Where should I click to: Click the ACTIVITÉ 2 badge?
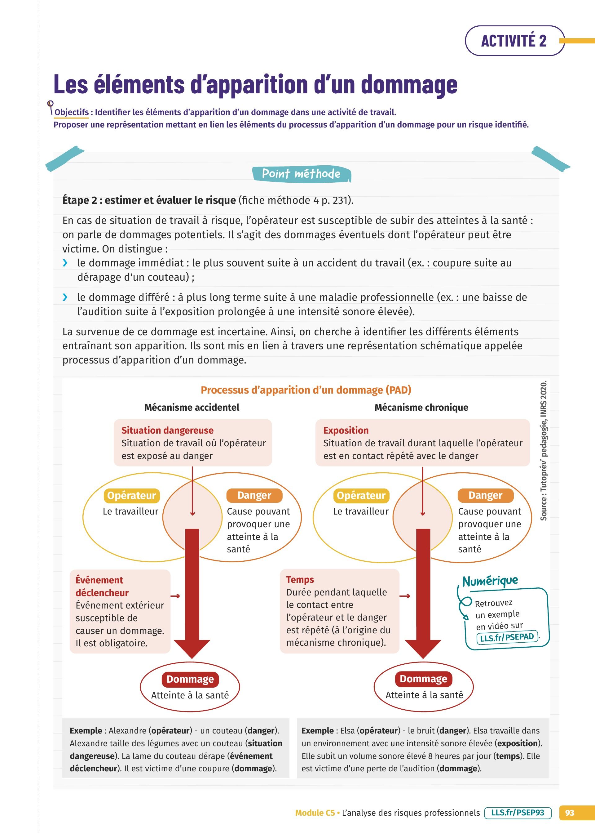tap(514, 41)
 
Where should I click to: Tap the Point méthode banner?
tap(301, 174)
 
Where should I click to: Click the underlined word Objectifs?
tap(72, 112)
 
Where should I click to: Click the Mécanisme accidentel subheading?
tap(192, 407)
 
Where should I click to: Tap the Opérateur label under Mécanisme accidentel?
tap(131, 495)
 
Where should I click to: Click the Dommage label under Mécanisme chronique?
tap(423, 679)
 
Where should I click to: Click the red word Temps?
tap(300, 579)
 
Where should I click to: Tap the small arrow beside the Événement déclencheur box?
tap(175, 596)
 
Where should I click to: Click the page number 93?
tap(569, 813)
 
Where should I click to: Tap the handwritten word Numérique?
tap(490, 581)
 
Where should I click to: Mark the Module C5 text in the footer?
tap(315, 813)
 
